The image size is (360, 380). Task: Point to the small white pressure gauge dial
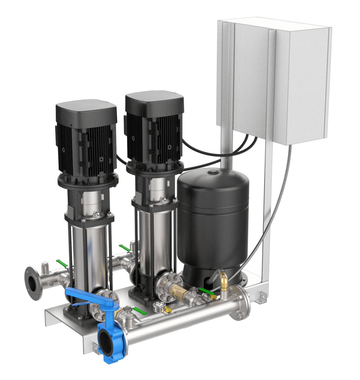(x=157, y=307)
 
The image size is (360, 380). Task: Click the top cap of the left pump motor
(x=86, y=108)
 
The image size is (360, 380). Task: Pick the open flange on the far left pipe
(x=33, y=283)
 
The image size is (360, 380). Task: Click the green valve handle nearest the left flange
(x=62, y=263)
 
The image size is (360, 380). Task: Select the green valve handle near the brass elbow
(x=206, y=292)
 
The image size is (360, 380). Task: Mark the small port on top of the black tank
(x=213, y=172)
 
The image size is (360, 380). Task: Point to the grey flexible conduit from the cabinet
(x=275, y=208)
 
